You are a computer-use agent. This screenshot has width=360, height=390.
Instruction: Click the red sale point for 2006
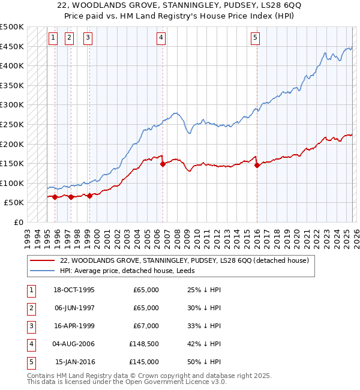163,164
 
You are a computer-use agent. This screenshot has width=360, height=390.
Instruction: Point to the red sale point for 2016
257,165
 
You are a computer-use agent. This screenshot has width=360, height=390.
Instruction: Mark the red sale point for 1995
55,197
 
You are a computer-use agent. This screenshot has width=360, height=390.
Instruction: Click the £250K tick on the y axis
12,124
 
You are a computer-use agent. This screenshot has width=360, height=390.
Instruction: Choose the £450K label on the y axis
12,46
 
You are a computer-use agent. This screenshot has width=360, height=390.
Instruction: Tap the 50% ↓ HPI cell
205,362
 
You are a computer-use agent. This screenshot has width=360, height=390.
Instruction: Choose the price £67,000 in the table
146,326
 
